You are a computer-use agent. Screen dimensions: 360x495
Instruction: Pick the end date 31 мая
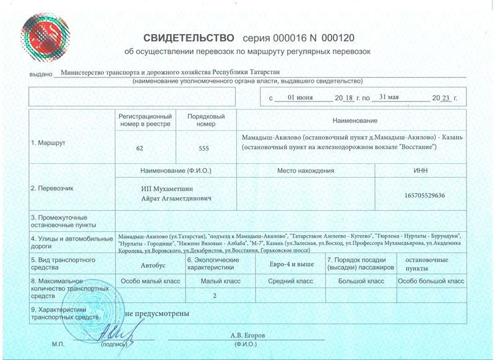tap(392, 98)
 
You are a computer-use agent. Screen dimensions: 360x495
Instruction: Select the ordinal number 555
tap(207, 148)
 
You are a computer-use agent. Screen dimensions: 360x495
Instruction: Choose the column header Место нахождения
tap(306, 170)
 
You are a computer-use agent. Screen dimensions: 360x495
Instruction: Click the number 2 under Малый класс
tap(215, 296)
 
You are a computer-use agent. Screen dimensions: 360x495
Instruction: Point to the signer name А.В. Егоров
tap(247, 335)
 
